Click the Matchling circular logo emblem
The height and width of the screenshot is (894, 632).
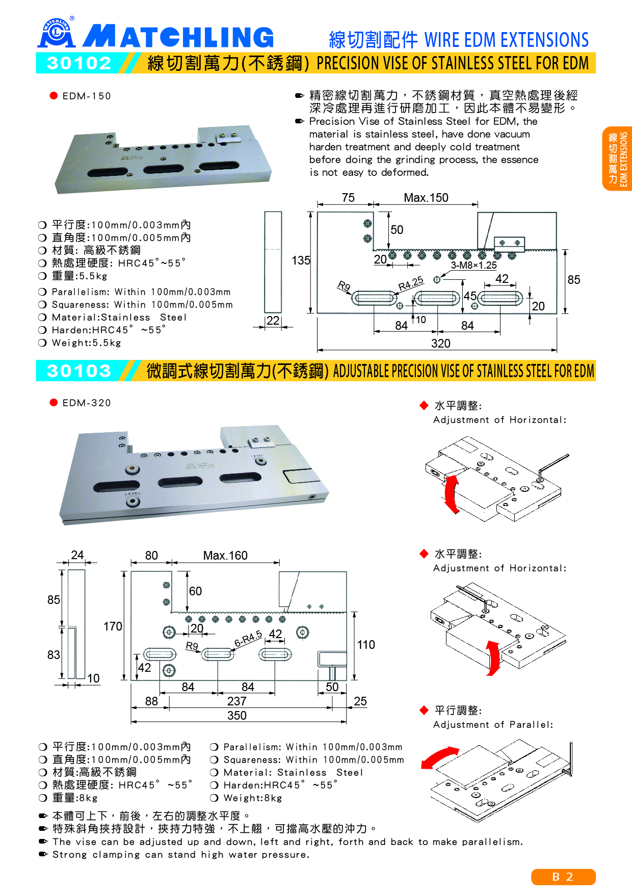56,33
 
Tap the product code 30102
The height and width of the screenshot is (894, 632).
79,63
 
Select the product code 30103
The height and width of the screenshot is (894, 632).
79,371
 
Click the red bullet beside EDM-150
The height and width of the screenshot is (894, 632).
54,96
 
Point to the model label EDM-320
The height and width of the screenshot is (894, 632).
86,403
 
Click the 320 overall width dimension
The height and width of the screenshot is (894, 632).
440,344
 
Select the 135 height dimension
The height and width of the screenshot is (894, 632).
301,260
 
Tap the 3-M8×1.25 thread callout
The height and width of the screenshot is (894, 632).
473,265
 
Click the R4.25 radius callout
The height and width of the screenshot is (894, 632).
411,283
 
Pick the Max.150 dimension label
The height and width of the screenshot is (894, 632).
426,198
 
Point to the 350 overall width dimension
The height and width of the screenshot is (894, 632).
237,716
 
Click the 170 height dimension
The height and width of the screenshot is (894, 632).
113,626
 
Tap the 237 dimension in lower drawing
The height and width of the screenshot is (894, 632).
237,701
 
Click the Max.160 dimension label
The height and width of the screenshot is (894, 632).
225,556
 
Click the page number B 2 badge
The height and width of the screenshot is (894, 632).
563,877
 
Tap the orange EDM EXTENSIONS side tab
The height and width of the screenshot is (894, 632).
618,159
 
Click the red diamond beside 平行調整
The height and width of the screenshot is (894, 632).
424,710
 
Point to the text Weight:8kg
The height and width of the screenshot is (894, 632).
253,798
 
